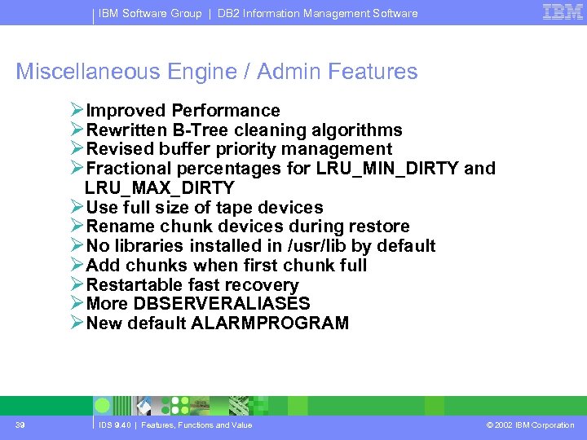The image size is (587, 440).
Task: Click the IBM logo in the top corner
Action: point(563,12)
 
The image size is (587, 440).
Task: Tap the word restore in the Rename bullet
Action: point(378,227)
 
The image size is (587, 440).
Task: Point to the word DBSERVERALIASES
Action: point(222,304)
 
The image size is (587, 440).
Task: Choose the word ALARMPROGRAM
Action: point(270,323)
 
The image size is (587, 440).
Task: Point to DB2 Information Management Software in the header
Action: point(317,13)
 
